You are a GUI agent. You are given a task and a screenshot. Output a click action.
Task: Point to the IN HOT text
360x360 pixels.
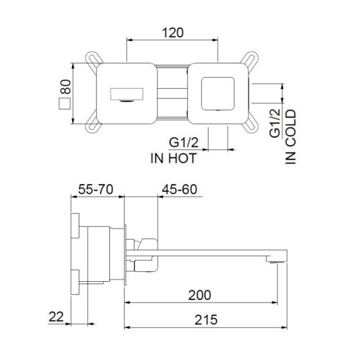[173, 158]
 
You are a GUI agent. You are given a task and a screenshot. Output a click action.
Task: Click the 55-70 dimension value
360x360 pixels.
[98, 190]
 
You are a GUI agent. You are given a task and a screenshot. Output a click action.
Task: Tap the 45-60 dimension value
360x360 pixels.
[180, 190]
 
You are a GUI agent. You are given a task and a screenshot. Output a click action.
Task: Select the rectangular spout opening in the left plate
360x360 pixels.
[126, 95]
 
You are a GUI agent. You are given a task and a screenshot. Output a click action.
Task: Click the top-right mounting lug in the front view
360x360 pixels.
[249, 60]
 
